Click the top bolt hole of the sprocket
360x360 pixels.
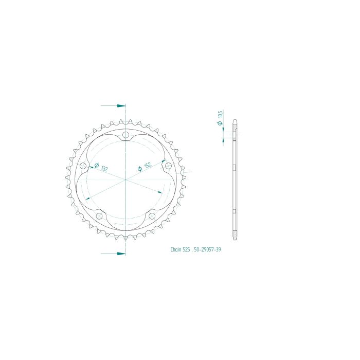click(125, 135)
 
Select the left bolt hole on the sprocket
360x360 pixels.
click(83, 166)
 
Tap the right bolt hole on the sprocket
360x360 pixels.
click(168, 166)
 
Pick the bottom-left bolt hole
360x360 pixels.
click(99, 216)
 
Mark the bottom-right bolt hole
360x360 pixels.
click(152, 216)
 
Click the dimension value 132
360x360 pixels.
click(104, 169)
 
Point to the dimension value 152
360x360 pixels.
click(148, 165)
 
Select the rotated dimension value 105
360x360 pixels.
click(220, 114)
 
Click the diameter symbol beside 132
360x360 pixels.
click(97, 165)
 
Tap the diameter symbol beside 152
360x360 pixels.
click(139, 169)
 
